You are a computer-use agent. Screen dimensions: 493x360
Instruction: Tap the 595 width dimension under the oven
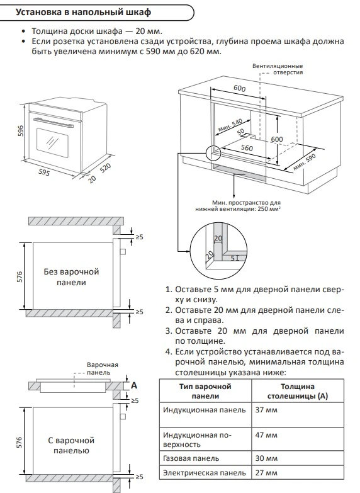[44, 171]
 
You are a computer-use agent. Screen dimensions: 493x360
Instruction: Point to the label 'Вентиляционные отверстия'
[277, 69]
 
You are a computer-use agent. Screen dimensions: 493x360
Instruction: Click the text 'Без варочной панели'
[72, 277]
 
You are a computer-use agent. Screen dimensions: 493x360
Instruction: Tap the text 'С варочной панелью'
[70, 445]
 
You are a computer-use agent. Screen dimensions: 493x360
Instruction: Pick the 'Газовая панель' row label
[191, 458]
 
